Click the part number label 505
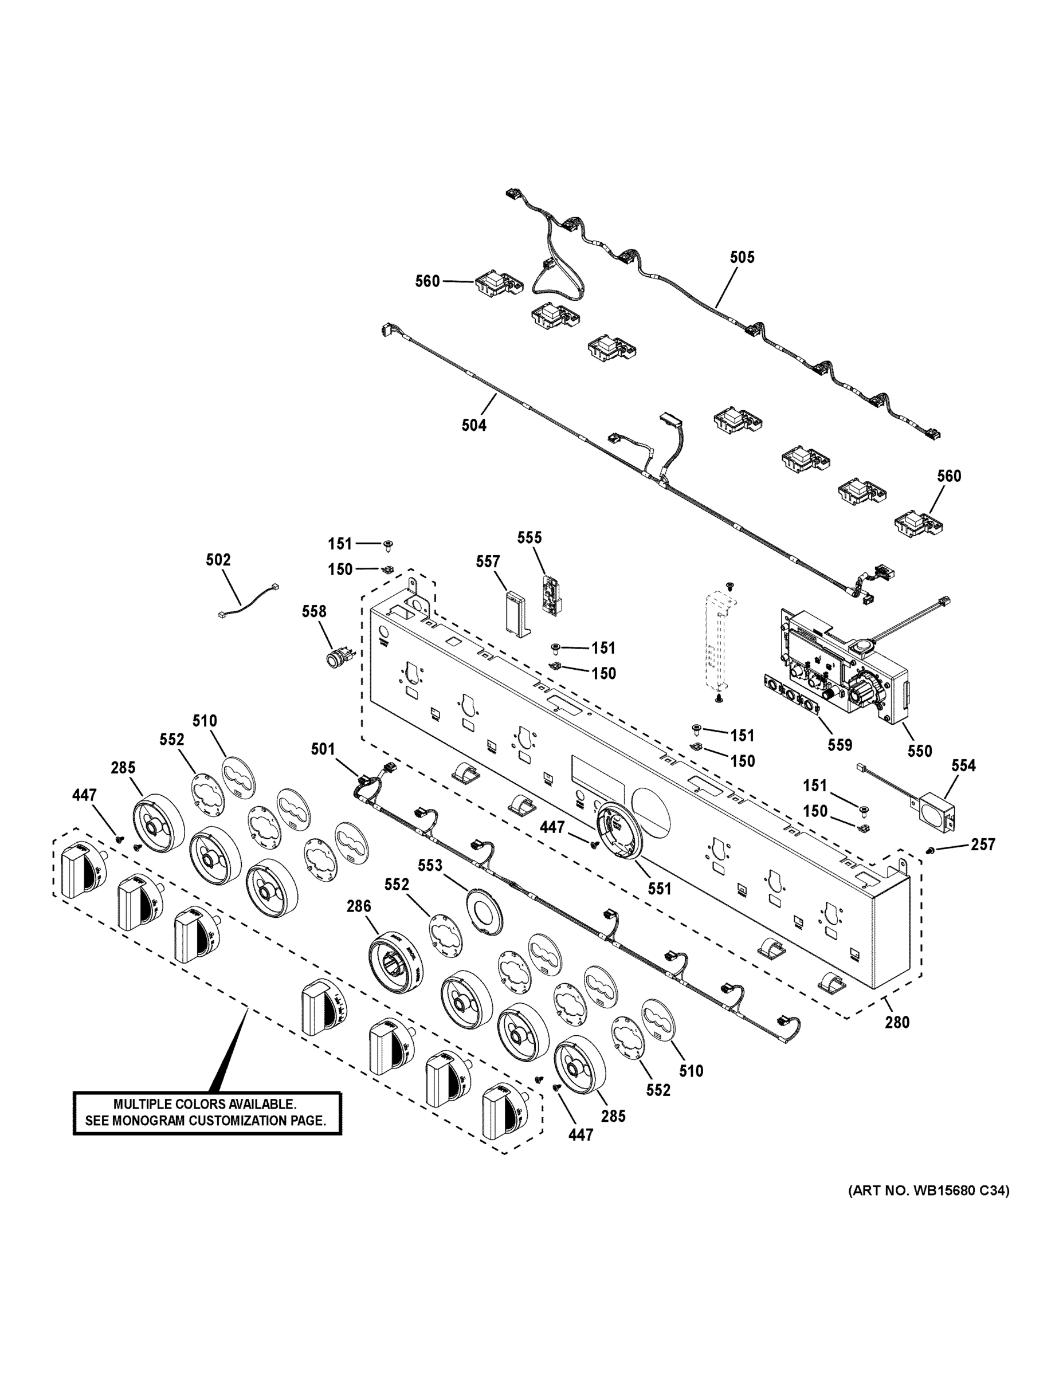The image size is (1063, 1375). pyautogui.click(x=742, y=257)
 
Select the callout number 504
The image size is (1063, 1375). pyautogui.click(x=473, y=426)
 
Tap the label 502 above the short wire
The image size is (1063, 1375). pyautogui.click(x=218, y=560)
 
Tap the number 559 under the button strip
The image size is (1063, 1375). pyautogui.click(x=840, y=745)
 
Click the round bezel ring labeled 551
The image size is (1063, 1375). pyautogui.click(x=620, y=830)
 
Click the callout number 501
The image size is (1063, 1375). pyautogui.click(x=323, y=749)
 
